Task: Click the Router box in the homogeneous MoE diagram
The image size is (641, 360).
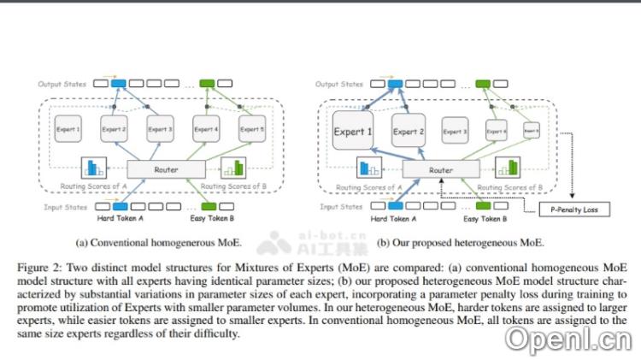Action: (166, 169)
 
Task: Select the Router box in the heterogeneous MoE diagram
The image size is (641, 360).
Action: (440, 170)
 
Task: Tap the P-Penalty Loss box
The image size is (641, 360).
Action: (574, 208)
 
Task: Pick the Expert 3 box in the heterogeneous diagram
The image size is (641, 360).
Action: (455, 132)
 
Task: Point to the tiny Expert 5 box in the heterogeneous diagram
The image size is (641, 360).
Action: (531, 132)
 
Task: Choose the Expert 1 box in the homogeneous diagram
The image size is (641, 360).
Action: (68, 129)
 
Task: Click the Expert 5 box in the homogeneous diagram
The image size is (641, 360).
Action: (252, 129)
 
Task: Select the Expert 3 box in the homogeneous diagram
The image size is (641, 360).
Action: (160, 129)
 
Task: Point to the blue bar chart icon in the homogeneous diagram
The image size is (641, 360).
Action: (92, 168)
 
